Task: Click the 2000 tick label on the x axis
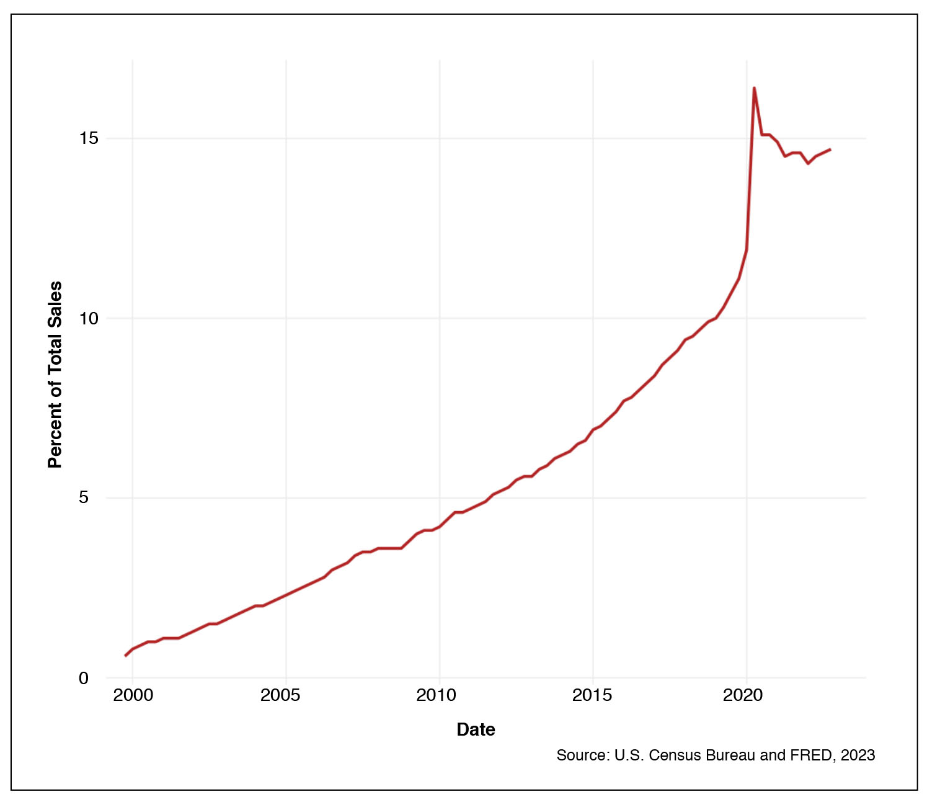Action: coord(133,695)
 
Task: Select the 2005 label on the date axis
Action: coord(280,695)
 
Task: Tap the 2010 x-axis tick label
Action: coord(436,695)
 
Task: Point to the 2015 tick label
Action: coord(592,695)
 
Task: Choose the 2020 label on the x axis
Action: coord(743,695)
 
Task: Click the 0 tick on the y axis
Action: coord(84,678)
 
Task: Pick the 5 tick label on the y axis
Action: coord(84,497)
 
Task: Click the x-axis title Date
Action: coord(476,729)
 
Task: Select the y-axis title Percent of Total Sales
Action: coord(55,375)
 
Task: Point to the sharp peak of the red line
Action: coord(754,88)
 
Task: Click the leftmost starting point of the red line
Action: coord(125,656)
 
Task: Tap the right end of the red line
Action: coord(830,149)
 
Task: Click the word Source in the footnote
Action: coord(582,755)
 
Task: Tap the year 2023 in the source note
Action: coord(858,755)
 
